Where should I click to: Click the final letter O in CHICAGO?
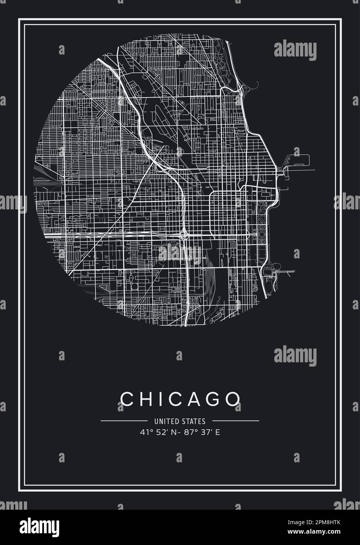[233, 399]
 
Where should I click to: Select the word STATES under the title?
[194, 421]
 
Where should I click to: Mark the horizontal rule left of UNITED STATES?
[124, 421]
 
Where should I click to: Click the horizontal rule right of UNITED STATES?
[235, 421]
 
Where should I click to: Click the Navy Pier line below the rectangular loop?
[301, 170]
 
